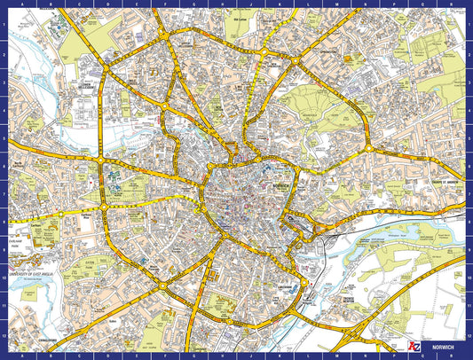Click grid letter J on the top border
pos(253,4)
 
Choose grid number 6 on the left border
pos(4,163)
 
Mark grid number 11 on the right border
pos(469,305)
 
